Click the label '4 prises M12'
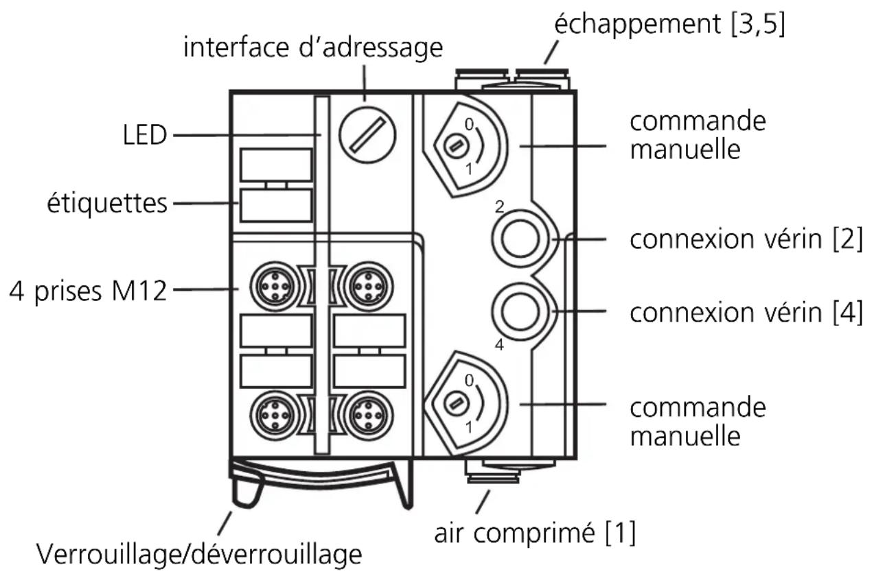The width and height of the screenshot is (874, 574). coord(88,291)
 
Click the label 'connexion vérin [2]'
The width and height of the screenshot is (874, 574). coord(746,241)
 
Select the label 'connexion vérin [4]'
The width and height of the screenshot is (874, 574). coord(746,313)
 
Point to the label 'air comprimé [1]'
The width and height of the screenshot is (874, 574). coord(534,532)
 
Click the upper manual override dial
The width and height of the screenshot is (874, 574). coord(460,145)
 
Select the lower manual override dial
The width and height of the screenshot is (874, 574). coord(460,403)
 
